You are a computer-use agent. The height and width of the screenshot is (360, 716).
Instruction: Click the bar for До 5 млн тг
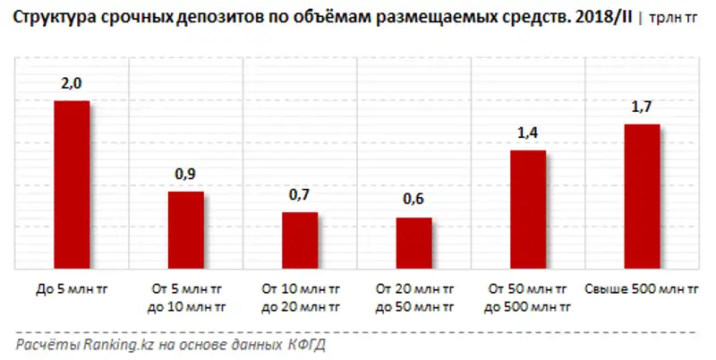tap(72, 184)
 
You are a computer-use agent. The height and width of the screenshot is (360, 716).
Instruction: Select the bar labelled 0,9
tap(186, 230)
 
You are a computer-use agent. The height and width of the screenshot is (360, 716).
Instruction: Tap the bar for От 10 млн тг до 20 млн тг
tap(300, 240)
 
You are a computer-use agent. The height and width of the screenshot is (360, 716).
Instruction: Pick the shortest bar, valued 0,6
tap(413, 243)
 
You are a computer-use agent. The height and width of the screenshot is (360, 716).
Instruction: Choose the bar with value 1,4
tap(528, 209)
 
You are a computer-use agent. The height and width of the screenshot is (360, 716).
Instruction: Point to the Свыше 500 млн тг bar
tap(642, 196)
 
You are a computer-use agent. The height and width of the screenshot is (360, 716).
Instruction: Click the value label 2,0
tap(72, 84)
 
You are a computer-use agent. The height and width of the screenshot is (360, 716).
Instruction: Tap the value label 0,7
tap(300, 195)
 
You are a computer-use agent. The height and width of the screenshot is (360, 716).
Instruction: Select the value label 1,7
tap(642, 107)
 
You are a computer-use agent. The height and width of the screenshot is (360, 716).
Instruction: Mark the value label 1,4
tap(528, 133)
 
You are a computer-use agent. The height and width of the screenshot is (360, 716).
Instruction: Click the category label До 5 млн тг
tap(72, 290)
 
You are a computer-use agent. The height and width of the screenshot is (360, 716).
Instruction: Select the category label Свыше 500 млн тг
tap(642, 290)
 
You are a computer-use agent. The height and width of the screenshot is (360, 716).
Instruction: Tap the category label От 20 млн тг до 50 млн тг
tap(413, 298)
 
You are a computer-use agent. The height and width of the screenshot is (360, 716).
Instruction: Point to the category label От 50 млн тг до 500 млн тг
tap(528, 298)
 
